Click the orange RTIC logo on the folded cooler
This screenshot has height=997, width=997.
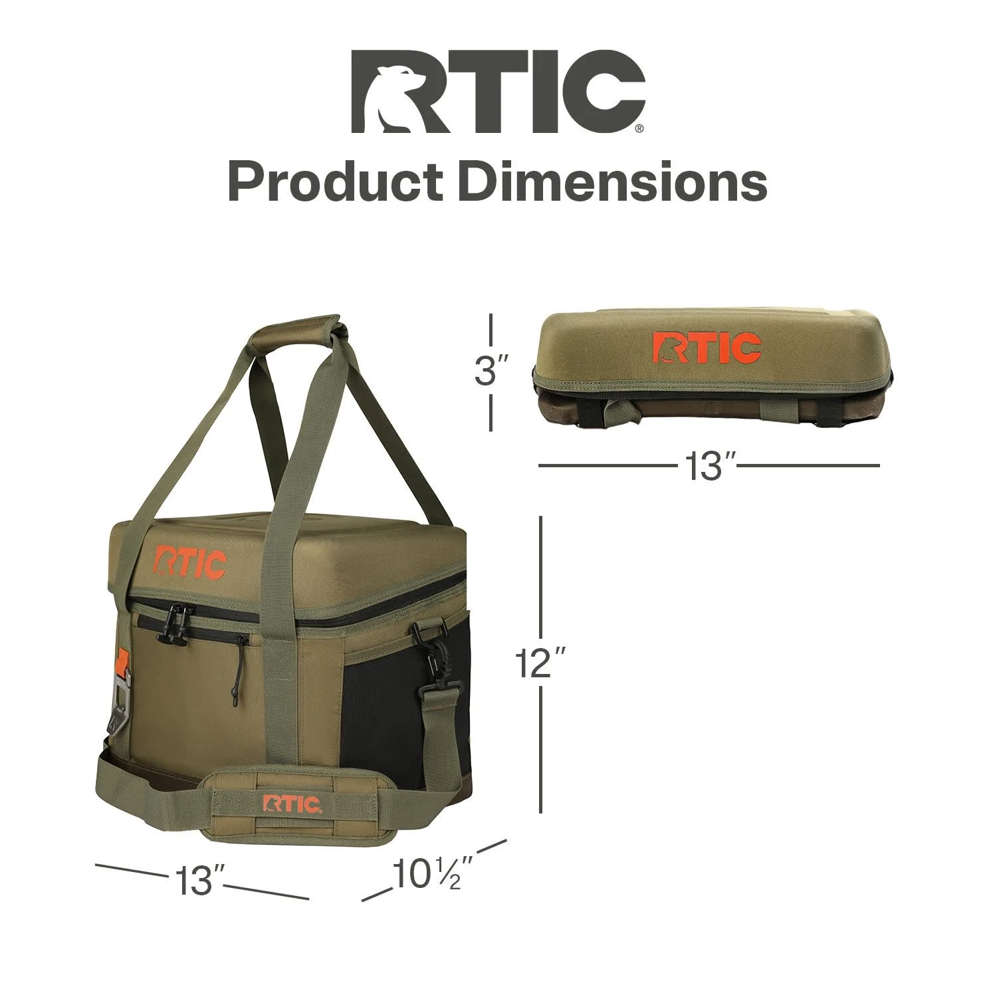tap(707, 348)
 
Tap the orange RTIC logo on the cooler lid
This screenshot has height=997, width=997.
tap(191, 562)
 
